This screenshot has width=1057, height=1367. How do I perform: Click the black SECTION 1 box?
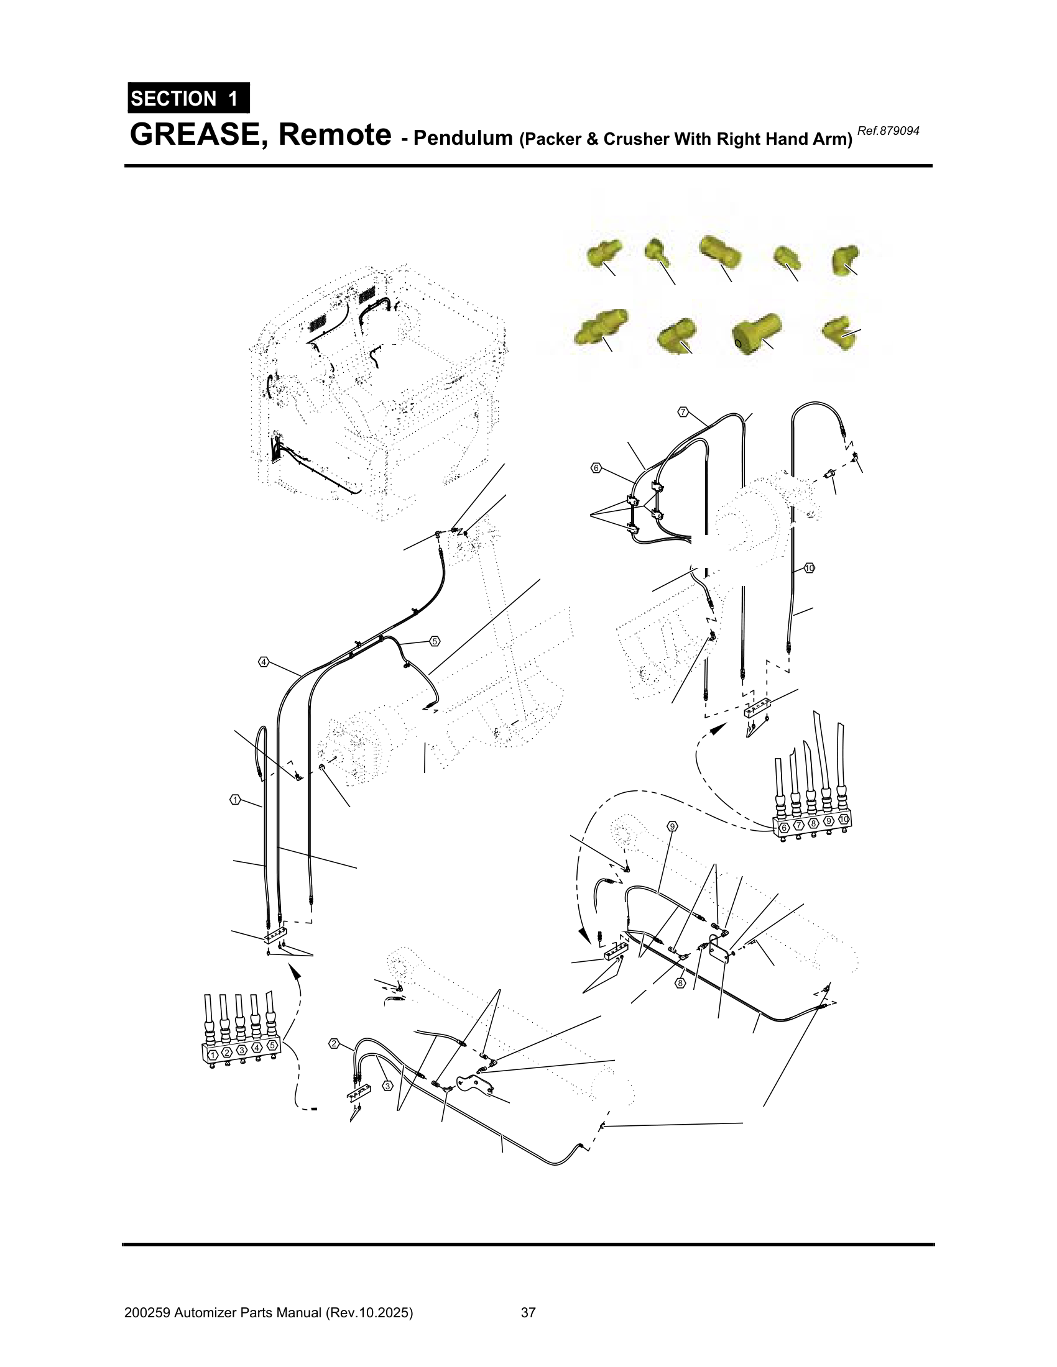click(x=188, y=98)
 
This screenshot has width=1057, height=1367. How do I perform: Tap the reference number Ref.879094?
click(x=888, y=131)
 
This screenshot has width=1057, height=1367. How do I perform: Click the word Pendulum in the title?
click(x=463, y=138)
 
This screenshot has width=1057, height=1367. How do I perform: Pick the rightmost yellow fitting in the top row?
click(x=846, y=259)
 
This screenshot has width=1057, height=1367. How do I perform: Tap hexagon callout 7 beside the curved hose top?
click(x=683, y=412)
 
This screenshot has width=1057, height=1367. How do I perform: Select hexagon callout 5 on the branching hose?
click(x=435, y=641)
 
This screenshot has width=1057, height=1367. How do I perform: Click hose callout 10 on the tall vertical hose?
click(x=810, y=568)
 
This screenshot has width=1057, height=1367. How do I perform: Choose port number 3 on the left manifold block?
click(x=242, y=1049)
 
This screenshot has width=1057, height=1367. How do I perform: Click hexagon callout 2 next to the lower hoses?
click(x=335, y=1043)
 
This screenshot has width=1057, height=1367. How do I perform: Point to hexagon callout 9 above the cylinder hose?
click(x=673, y=826)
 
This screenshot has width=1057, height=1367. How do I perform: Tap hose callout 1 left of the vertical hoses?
click(x=235, y=799)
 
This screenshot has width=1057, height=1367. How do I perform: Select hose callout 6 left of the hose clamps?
click(x=596, y=467)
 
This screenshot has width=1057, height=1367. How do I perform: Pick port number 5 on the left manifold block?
click(x=272, y=1046)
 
